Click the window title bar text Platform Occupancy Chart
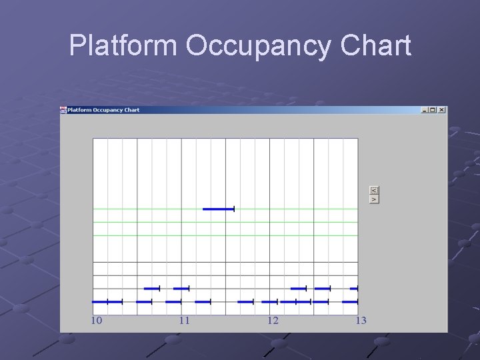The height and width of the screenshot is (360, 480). (x=103, y=110)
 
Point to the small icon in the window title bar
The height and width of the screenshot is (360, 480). (x=64, y=110)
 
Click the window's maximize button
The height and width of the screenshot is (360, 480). (x=433, y=110)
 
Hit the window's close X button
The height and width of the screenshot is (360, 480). (x=441, y=110)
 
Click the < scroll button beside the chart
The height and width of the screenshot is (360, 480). (x=374, y=190)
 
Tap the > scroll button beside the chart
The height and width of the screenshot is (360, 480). (x=374, y=199)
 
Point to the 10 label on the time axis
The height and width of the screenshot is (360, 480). (x=97, y=321)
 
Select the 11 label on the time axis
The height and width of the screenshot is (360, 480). (x=185, y=321)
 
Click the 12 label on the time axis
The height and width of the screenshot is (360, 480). (x=273, y=321)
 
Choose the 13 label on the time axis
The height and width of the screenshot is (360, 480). (x=361, y=321)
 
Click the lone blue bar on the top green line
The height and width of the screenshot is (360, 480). (x=219, y=209)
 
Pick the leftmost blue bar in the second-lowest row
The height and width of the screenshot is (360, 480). (x=152, y=289)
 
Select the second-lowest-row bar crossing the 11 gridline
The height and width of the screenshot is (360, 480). (x=181, y=289)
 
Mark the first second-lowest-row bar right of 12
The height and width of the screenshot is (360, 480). (x=299, y=289)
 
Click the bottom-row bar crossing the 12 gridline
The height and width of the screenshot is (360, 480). (x=270, y=302)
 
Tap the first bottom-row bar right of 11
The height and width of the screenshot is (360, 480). (x=203, y=302)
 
